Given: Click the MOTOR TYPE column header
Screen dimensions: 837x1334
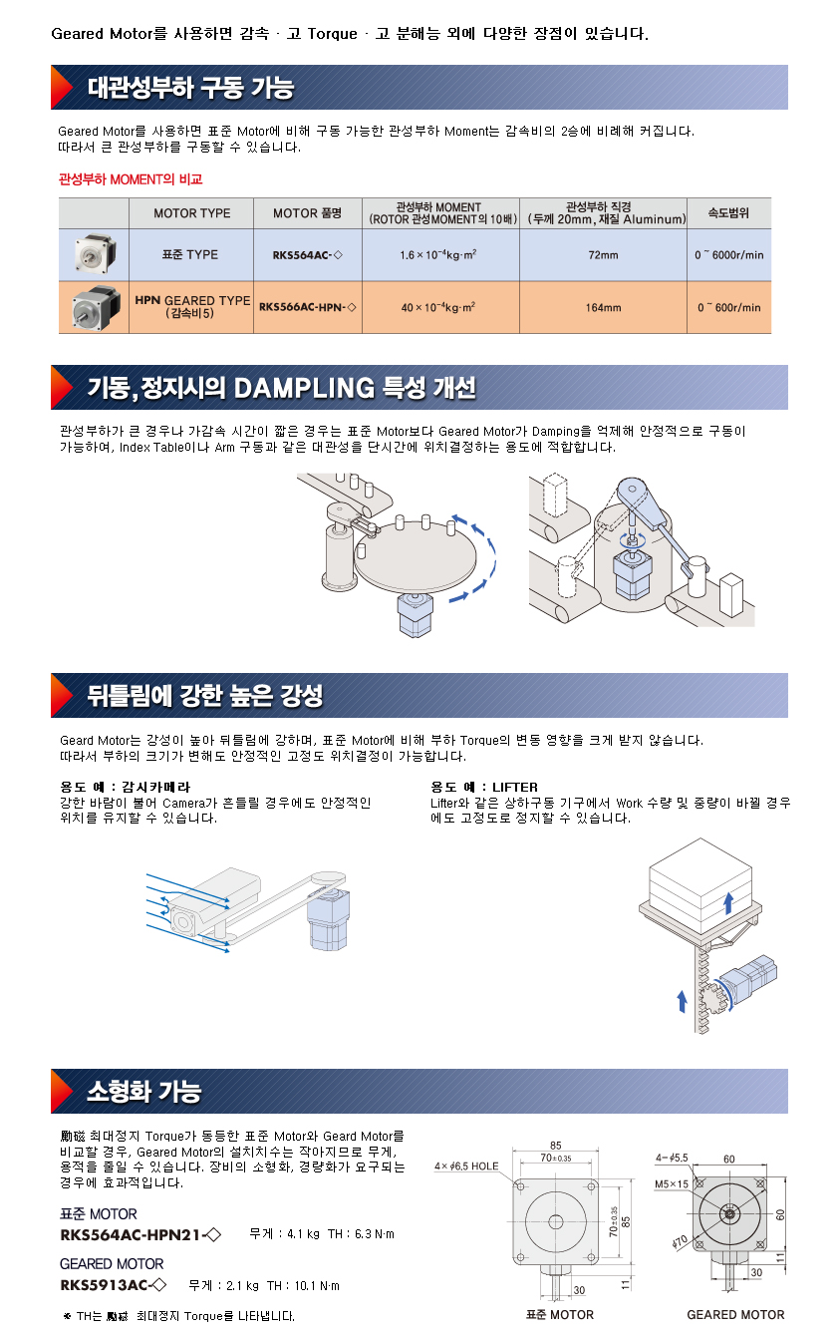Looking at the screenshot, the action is pyautogui.click(x=191, y=213).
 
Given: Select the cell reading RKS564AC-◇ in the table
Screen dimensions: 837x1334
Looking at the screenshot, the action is pyautogui.click(x=307, y=255).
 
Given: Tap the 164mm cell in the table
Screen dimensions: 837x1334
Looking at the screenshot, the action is pyautogui.click(x=603, y=307).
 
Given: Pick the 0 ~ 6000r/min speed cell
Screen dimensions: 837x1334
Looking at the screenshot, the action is pyautogui.click(x=728, y=255).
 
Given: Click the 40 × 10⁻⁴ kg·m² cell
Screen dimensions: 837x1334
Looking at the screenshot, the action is pyautogui.click(x=437, y=307).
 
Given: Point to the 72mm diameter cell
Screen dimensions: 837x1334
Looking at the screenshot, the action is pyautogui.click(x=603, y=255).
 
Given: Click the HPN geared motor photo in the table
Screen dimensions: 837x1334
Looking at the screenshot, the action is pyautogui.click(x=96, y=307).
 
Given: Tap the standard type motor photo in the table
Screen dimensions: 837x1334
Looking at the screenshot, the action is pyautogui.click(x=96, y=254).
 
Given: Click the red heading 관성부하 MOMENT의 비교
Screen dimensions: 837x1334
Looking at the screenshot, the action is pyautogui.click(x=131, y=179).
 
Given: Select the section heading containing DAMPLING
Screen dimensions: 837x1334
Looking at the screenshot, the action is pyautogui.click(x=281, y=388).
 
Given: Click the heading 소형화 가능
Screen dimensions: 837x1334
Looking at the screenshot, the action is pyautogui.click(x=144, y=1091).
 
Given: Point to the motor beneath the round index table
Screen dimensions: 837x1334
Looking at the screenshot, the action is pyautogui.click(x=415, y=614).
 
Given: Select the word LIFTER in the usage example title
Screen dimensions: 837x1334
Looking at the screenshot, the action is pyautogui.click(x=515, y=787).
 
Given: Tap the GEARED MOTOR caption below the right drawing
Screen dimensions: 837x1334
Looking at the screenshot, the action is pyautogui.click(x=735, y=1314).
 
